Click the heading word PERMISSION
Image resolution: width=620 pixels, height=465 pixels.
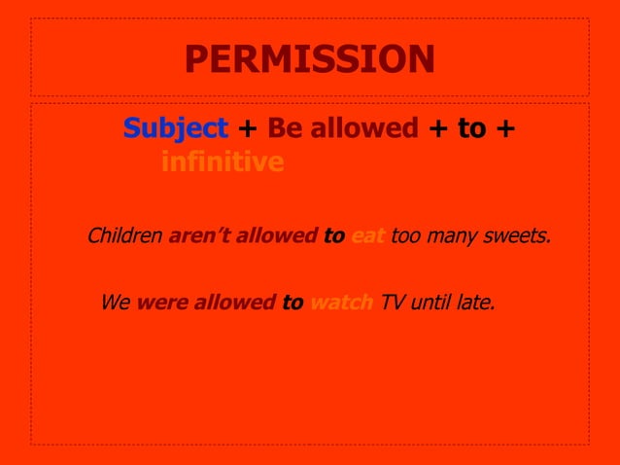click(x=309, y=60)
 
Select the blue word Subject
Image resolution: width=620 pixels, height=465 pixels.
click(x=176, y=128)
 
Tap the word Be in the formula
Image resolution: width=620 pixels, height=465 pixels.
click(x=285, y=128)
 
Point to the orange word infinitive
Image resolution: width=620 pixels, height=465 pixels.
click(x=223, y=161)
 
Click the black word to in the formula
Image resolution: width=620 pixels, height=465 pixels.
click(x=471, y=128)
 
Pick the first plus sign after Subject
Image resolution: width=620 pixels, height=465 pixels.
click(x=247, y=128)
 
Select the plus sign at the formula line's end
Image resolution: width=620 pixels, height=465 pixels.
click(x=504, y=128)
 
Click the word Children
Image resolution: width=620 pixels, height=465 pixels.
click(x=124, y=235)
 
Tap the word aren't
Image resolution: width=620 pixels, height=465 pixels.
click(x=201, y=235)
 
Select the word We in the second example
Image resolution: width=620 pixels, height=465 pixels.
click(x=115, y=303)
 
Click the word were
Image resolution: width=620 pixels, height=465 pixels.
click(x=162, y=303)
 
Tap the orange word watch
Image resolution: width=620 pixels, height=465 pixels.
click(x=341, y=303)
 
